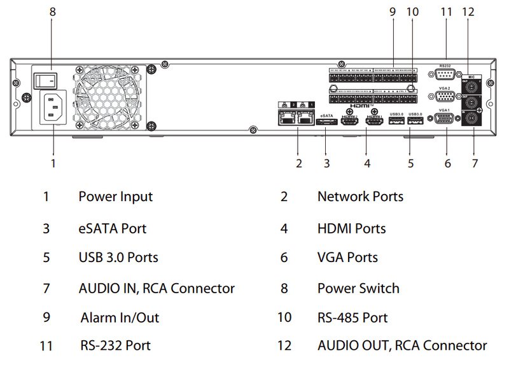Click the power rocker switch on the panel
[45, 80]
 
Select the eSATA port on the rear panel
[327, 121]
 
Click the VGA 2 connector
[445, 97]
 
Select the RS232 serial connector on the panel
[445, 75]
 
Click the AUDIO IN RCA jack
[471, 119]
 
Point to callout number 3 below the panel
[326, 163]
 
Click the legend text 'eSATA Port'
[113, 228]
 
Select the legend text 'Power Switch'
[358, 288]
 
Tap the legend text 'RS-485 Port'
[352, 317]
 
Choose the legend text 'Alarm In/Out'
[120, 317]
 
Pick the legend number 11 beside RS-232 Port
[46, 346]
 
